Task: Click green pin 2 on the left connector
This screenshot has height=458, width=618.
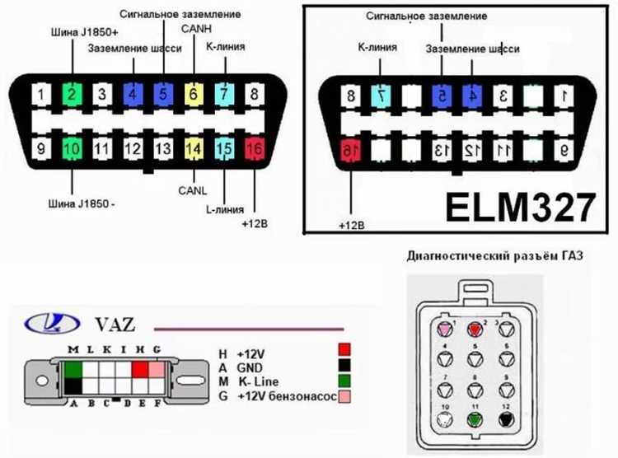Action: (x=72, y=93)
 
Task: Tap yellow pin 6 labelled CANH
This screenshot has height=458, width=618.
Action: (x=194, y=93)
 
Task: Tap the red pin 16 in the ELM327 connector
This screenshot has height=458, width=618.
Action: (x=351, y=150)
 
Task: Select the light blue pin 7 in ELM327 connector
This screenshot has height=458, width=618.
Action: (x=382, y=96)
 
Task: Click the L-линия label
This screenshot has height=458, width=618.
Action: (x=222, y=210)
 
